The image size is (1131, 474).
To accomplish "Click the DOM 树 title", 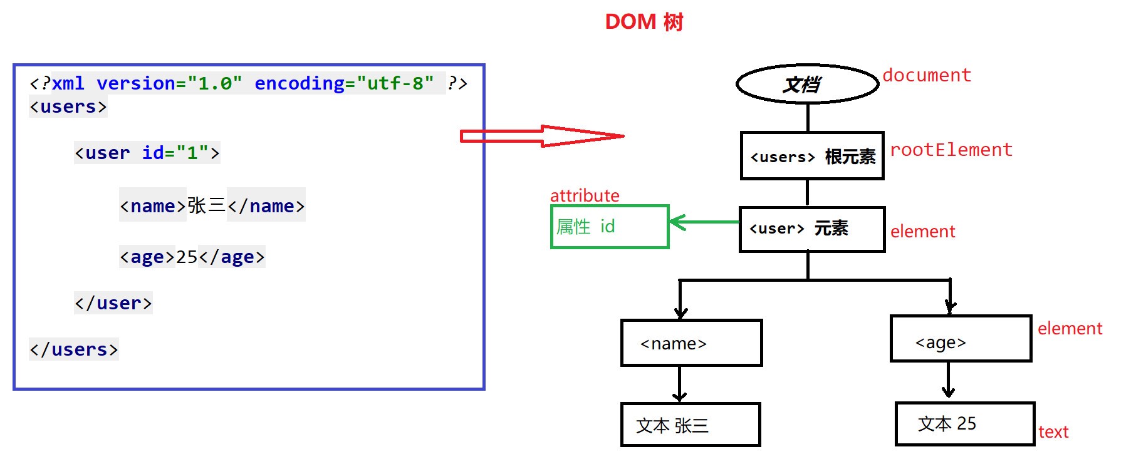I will [x=644, y=22].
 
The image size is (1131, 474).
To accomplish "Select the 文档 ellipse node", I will [x=807, y=84].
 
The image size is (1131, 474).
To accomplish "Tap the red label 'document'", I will [x=926, y=76].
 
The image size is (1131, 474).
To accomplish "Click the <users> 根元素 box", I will [x=812, y=156].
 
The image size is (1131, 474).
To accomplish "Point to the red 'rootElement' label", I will [x=951, y=150].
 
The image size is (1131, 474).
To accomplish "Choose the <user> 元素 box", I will [x=812, y=229].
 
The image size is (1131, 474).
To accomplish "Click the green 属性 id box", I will [x=610, y=227].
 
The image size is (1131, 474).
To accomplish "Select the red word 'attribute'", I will [x=584, y=195].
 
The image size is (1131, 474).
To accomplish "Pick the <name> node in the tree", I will [x=691, y=343].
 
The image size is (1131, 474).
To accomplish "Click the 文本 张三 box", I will [x=690, y=425].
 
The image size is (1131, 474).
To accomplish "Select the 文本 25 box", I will [x=964, y=424].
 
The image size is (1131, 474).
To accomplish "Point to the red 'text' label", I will [x=1053, y=432].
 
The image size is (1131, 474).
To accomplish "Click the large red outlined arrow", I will [x=541, y=136].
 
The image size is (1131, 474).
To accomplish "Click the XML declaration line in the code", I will [x=248, y=83].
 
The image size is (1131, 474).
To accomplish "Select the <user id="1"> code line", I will [x=147, y=153].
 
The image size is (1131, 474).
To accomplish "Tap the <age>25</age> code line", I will [x=192, y=257].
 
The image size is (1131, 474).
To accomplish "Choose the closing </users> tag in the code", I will [x=74, y=349].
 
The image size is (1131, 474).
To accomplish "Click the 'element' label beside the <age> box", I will [x=1069, y=329].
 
